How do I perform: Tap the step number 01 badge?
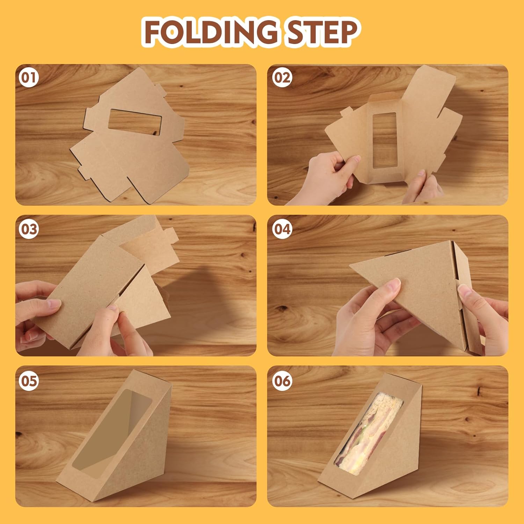pyautogui.click(x=29, y=78)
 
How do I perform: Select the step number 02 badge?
pyautogui.click(x=282, y=78)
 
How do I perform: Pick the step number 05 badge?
pyautogui.click(x=29, y=380)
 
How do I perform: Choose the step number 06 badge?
pyautogui.click(x=282, y=380)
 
